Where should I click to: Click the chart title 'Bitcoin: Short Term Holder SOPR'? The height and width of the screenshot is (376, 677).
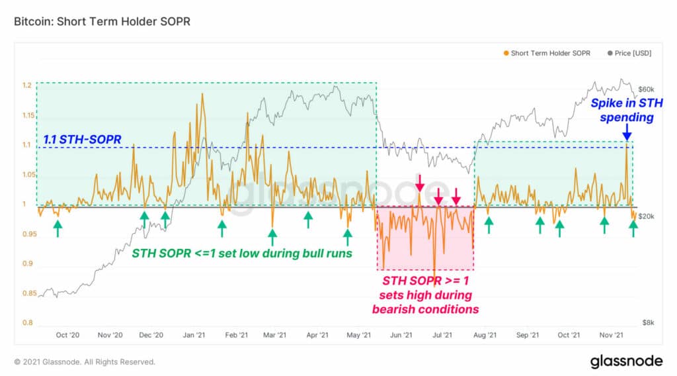click(102, 22)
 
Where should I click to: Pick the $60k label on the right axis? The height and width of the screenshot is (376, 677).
click(646, 89)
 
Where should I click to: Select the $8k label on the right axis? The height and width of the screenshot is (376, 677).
click(649, 323)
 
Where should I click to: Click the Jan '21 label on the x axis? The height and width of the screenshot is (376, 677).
click(193, 336)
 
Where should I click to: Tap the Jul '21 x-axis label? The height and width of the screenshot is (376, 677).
click(443, 336)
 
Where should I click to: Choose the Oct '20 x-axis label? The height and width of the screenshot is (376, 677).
click(67, 336)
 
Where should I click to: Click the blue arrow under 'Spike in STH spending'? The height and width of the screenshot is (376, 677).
click(625, 133)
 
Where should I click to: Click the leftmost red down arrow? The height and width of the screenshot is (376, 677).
click(419, 181)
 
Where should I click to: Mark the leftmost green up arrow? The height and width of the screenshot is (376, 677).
click(58, 228)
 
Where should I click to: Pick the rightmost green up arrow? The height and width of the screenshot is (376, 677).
click(633, 228)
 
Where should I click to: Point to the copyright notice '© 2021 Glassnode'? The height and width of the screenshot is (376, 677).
click(85, 362)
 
